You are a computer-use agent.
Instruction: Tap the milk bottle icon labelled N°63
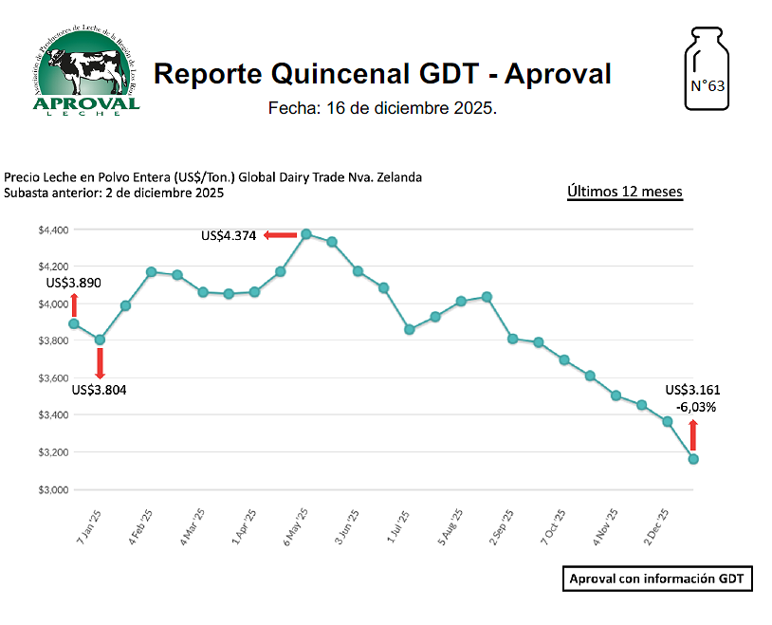706,72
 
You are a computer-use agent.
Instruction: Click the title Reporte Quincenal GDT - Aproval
382,73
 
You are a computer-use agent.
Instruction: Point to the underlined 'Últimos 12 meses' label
624,192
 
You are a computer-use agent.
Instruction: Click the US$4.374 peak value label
229,235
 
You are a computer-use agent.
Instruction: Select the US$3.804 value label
99,389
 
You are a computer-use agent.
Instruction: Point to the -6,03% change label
695,407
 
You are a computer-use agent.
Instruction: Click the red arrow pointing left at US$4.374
281,235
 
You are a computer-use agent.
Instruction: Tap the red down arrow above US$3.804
100,363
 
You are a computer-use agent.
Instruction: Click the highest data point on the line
306,233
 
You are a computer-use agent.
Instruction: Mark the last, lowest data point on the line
693,459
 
